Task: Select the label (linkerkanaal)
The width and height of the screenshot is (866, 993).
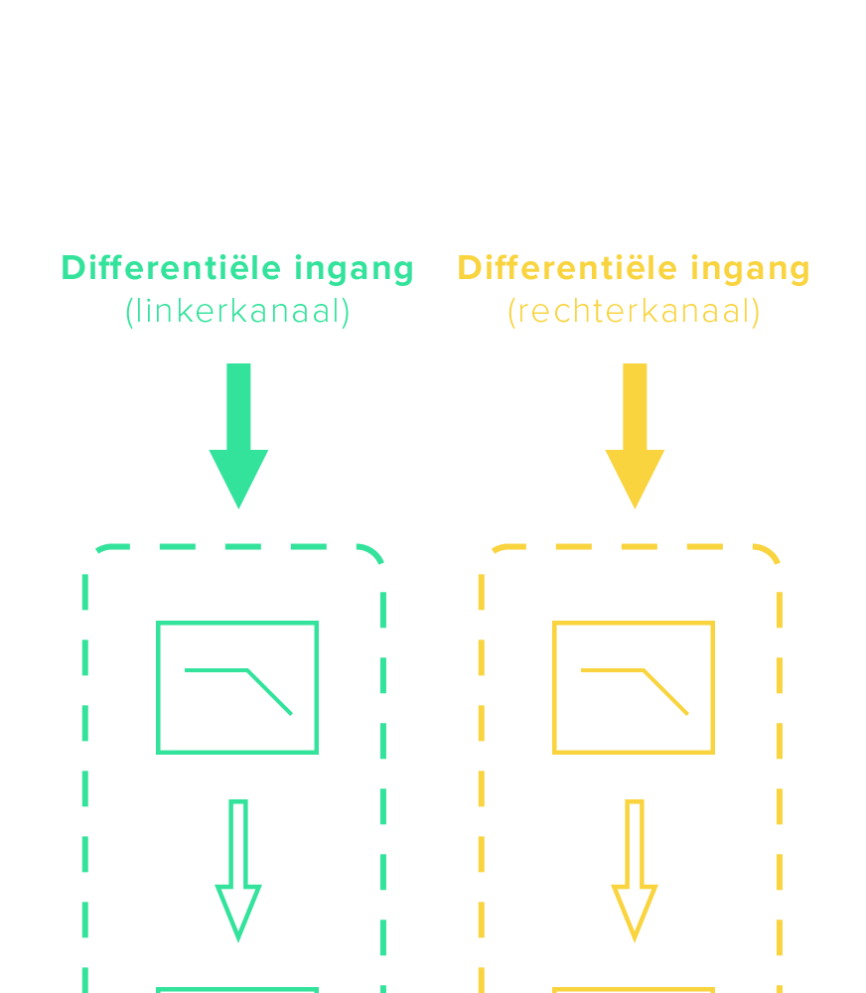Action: [237, 312]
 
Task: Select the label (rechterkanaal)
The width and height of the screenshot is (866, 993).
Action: [634, 312]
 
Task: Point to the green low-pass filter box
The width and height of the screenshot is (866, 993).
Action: [237, 687]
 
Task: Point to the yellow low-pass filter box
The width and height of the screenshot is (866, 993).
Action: [634, 687]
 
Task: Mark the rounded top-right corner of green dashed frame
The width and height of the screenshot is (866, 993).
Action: [372, 554]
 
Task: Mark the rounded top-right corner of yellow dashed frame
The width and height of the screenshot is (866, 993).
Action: [769, 554]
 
